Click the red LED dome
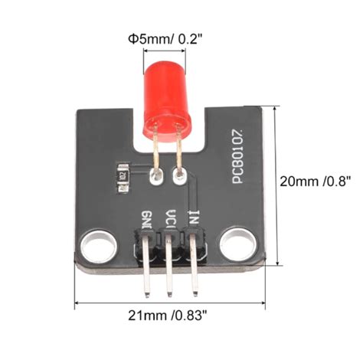click(x=164, y=96)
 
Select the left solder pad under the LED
click(x=156, y=179)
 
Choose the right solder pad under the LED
click(x=181, y=178)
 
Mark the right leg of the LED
click(x=178, y=153)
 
